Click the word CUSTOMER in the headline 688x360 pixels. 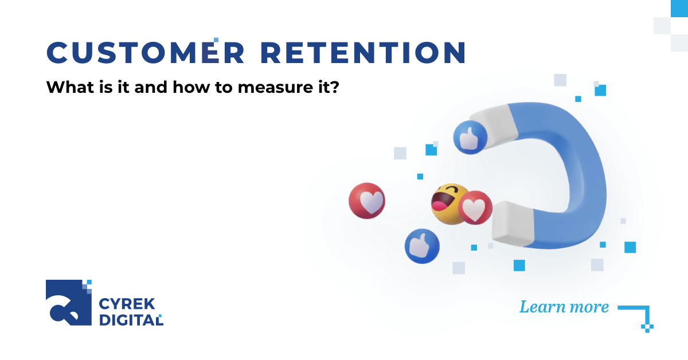[x=145, y=53]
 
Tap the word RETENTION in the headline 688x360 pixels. [x=363, y=53]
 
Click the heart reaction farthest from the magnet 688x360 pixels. [x=367, y=201]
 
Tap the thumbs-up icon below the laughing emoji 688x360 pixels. [x=422, y=246]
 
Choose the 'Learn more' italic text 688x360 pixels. [x=564, y=307]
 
